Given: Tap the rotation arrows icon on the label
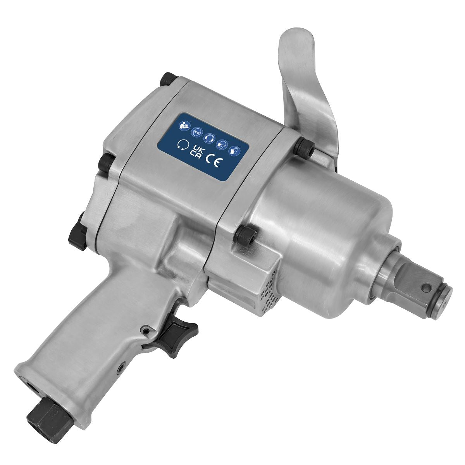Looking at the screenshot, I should (x=181, y=145).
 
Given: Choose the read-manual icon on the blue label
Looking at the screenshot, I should (x=183, y=126).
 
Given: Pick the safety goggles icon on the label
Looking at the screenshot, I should (x=197, y=131).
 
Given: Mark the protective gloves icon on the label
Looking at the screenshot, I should (x=234, y=149).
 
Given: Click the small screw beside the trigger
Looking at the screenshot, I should (x=146, y=330).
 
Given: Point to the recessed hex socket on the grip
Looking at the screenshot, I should (x=122, y=365).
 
